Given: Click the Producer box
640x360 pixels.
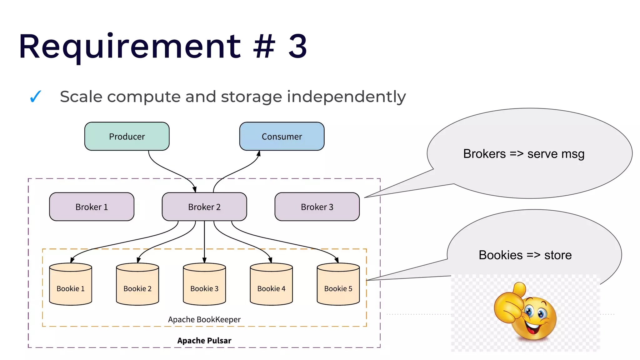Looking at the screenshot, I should [x=127, y=137].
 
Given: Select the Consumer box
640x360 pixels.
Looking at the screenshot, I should [x=282, y=137].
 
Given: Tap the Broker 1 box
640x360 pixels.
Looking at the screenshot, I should [x=92, y=207].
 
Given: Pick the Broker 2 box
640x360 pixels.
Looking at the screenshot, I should [x=204, y=207].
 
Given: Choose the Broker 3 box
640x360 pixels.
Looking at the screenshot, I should [x=317, y=207].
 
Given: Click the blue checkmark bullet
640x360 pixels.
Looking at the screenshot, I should [x=35, y=97].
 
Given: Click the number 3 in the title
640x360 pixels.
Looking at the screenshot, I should [x=297, y=47].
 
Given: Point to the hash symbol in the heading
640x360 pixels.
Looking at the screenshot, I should [x=264, y=47].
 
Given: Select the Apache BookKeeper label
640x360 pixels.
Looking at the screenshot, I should [x=204, y=320].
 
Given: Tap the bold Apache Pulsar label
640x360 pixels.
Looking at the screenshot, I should [x=204, y=341].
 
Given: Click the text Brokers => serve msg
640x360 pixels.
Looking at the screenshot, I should [x=524, y=154].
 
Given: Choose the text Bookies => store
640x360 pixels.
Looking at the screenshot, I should [x=525, y=255].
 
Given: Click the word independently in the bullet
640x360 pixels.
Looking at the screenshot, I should [x=346, y=97].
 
